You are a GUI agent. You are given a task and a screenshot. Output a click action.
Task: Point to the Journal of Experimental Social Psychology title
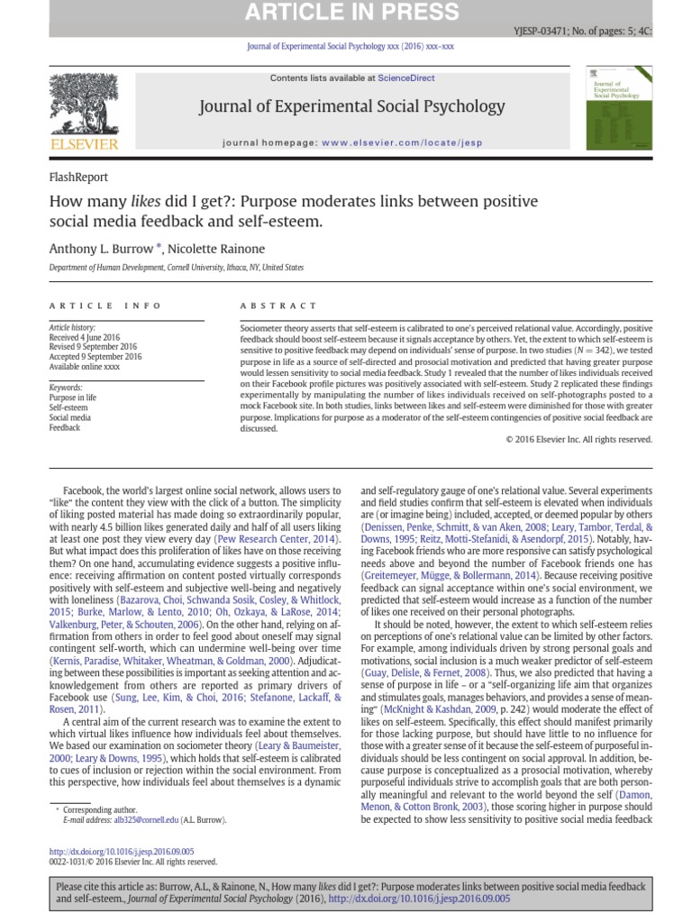click(351, 107)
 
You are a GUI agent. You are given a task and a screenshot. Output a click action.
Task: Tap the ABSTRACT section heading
click(279, 306)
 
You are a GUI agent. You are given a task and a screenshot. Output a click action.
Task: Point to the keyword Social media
click(70, 417)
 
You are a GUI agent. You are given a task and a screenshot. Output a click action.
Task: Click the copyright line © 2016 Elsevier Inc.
click(578, 439)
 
